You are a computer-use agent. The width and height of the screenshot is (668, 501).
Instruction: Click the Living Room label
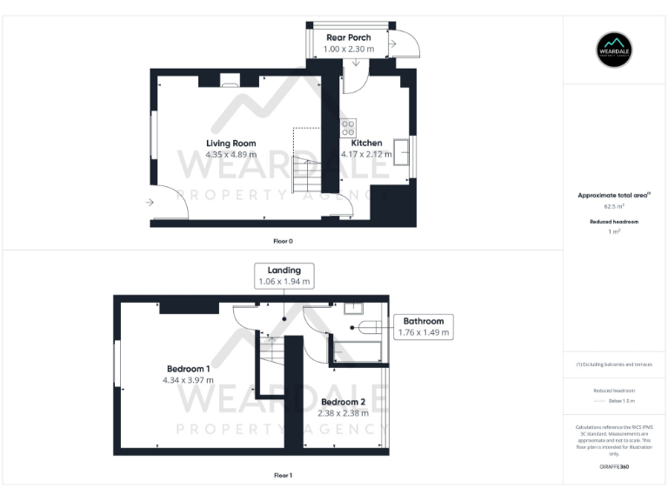[x=230, y=143]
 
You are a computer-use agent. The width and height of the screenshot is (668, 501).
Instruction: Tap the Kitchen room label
[x=366, y=143]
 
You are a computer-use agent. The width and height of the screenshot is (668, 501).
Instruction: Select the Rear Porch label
[x=348, y=37]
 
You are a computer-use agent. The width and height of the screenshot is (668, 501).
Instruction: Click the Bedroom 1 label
[x=187, y=369]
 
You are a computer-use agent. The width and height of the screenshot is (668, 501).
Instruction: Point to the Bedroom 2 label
[x=343, y=402]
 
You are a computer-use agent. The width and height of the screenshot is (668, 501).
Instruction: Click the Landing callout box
[x=284, y=276]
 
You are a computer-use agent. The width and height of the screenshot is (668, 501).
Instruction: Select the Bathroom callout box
[x=423, y=326]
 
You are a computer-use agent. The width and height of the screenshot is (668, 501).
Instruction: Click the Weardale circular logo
[x=615, y=50]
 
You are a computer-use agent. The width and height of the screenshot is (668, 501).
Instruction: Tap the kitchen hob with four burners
[x=348, y=128]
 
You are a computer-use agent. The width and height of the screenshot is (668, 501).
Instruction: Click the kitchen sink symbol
[x=403, y=150]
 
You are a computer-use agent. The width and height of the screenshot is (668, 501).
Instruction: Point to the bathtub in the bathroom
[x=357, y=351]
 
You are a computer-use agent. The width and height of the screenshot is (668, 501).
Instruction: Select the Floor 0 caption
[x=283, y=239]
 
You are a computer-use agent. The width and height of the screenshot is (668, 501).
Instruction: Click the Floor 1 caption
[x=283, y=475]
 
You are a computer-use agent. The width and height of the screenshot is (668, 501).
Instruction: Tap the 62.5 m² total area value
[x=614, y=207]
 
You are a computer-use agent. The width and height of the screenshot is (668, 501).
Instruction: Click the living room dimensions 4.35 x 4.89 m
[x=230, y=155]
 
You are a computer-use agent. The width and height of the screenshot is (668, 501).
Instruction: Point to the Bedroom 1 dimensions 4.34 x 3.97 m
[x=187, y=380]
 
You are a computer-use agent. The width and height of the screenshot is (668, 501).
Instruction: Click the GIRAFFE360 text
[x=614, y=467]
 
